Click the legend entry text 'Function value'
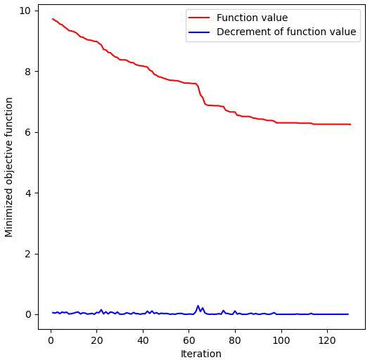click(x=252, y=18)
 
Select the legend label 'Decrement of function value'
click(x=286, y=32)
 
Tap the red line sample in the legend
click(x=200, y=18)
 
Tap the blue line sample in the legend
click(x=200, y=32)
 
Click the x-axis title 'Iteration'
click(x=201, y=354)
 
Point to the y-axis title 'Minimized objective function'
click(x=10, y=167)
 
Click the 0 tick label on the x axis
click(x=51, y=341)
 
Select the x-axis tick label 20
click(x=96, y=341)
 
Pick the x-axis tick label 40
click(x=143, y=341)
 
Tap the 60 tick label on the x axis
click(x=189, y=341)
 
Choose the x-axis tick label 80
click(x=235, y=341)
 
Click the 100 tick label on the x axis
click(x=281, y=341)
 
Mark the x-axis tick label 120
click(x=327, y=341)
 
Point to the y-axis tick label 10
click(x=24, y=11)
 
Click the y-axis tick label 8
click(x=27, y=72)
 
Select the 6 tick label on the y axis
click(x=27, y=132)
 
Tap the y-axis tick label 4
click(x=27, y=193)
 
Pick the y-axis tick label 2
click(x=27, y=254)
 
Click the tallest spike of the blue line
click(x=198, y=306)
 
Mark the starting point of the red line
click(x=53, y=19)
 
